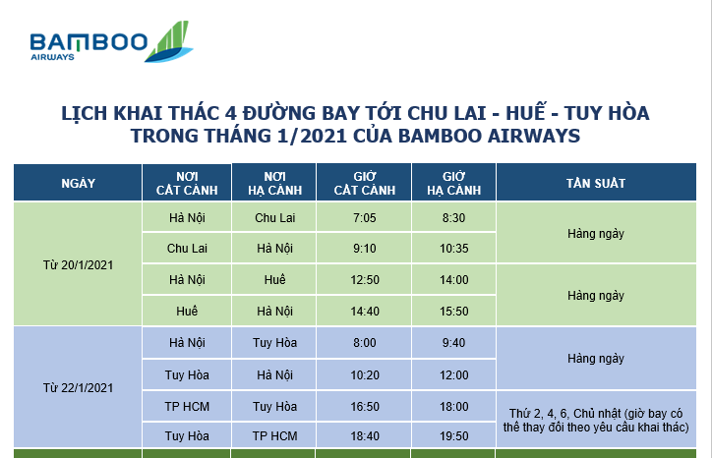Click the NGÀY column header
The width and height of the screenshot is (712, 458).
pyautogui.click(x=78, y=184)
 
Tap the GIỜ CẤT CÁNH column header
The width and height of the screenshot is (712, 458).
pyautogui.click(x=364, y=184)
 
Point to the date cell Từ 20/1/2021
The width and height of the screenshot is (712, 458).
pyautogui.click(x=78, y=264)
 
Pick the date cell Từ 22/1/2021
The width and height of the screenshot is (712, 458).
pyautogui.click(x=78, y=388)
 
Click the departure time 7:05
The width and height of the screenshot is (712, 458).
pyautogui.click(x=364, y=217)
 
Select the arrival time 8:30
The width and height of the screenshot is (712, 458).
pyautogui.click(x=453, y=217)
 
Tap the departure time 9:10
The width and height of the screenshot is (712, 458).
pyautogui.click(x=364, y=249)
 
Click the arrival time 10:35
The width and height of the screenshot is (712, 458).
pyautogui.click(x=453, y=249)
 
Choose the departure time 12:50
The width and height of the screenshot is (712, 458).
pyautogui.click(x=364, y=280)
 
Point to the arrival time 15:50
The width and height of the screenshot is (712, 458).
pyautogui.click(x=453, y=312)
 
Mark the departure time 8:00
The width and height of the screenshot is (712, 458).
pyautogui.click(x=364, y=343)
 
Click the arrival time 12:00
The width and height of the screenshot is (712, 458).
pyautogui.click(x=453, y=374)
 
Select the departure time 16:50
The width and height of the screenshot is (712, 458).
pyautogui.click(x=364, y=406)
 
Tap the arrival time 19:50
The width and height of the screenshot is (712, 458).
pyautogui.click(x=453, y=435)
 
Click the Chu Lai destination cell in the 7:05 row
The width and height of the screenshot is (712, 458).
pyautogui.click(x=274, y=217)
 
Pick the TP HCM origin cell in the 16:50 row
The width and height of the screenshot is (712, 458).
pyautogui.click(x=185, y=406)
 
